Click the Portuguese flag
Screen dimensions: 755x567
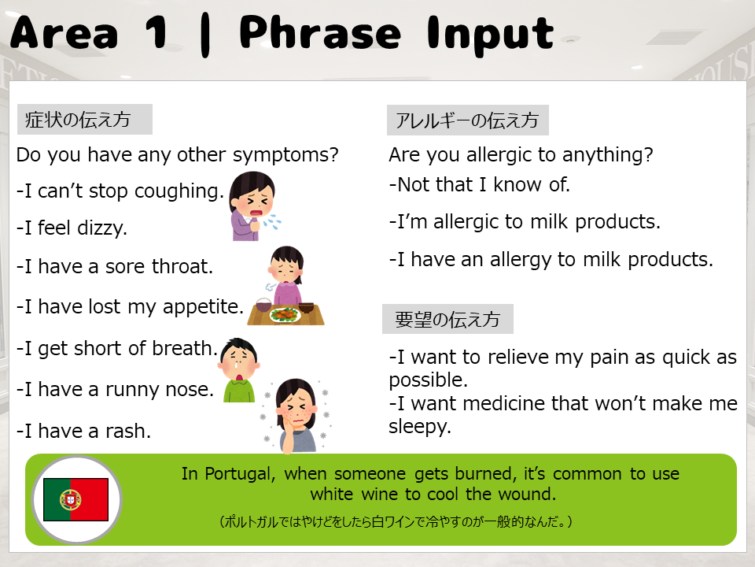click(75, 499)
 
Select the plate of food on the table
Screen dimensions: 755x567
click(286, 315)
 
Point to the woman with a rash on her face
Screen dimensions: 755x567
click(296, 416)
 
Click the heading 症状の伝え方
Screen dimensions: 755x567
click(78, 120)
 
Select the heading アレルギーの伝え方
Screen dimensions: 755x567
click(466, 120)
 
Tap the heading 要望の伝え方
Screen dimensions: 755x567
click(447, 319)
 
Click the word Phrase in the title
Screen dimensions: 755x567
click(320, 33)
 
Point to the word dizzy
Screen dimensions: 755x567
click(102, 228)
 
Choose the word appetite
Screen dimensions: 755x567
click(203, 307)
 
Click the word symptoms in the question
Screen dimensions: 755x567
click(285, 155)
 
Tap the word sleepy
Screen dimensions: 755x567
click(420, 427)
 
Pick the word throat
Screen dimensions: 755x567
click(182, 266)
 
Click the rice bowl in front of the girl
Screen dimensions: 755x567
click(263, 306)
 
